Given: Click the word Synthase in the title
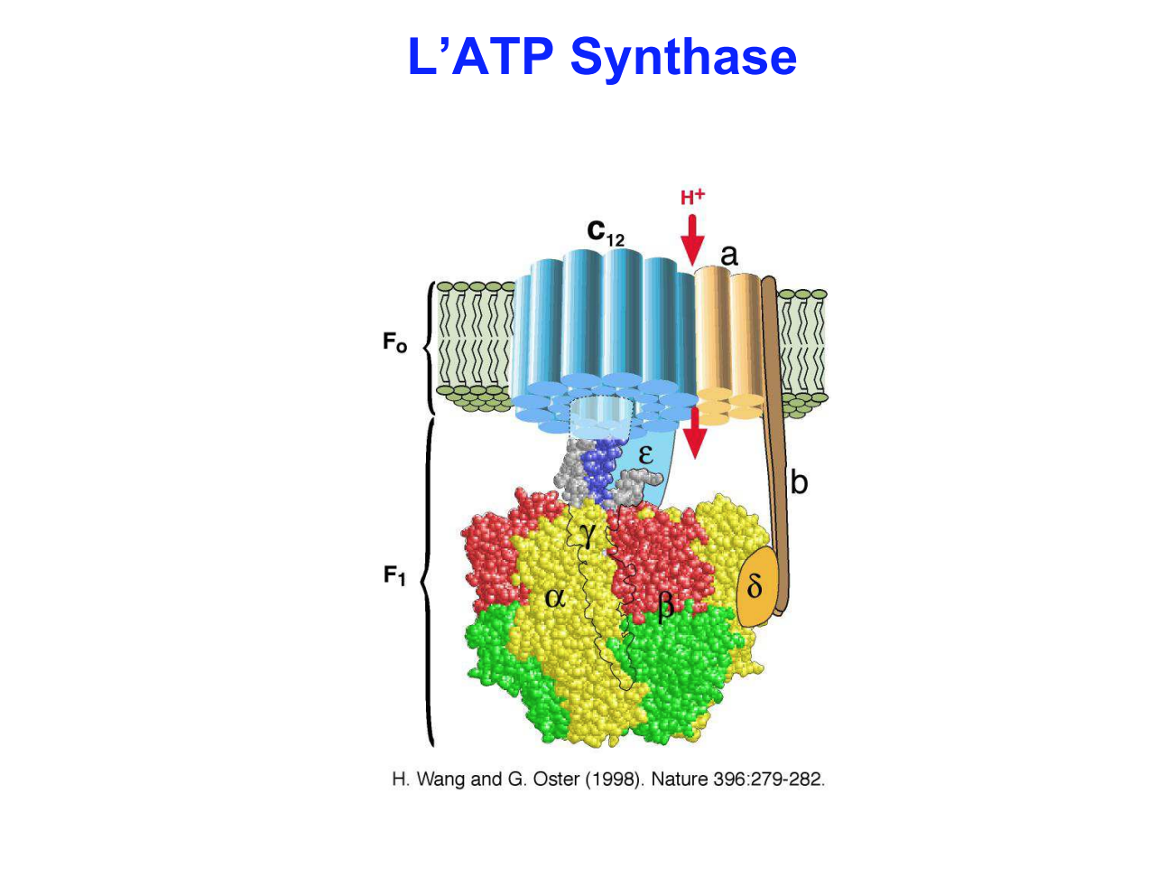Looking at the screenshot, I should [x=683, y=57].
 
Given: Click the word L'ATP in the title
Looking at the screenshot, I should [x=480, y=57].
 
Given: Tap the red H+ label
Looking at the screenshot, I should [x=692, y=197].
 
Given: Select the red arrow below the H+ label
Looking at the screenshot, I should [x=692, y=239].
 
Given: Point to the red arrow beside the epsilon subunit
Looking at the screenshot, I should [x=694, y=432].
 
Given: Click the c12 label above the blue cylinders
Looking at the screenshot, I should [x=605, y=233].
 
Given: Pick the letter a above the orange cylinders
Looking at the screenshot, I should [x=728, y=255].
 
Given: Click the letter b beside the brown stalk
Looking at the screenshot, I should [x=799, y=482].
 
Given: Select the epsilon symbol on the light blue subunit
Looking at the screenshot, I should [x=645, y=453].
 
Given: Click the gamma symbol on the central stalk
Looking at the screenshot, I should [x=588, y=535].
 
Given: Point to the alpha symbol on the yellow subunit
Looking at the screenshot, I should [x=555, y=596].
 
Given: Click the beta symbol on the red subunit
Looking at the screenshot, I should [x=665, y=602].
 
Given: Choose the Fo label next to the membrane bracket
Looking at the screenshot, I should [x=394, y=343].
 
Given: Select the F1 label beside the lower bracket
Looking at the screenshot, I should [x=394, y=575].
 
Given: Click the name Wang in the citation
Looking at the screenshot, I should [x=441, y=779].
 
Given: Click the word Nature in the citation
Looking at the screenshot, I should [x=679, y=779].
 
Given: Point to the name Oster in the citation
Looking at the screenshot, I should [x=556, y=779].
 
